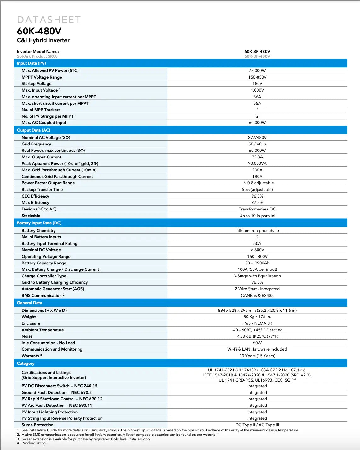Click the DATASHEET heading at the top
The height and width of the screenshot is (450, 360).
[49, 20]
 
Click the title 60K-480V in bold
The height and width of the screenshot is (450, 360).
[39, 31]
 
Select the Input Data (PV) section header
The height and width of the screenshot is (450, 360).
[31, 63]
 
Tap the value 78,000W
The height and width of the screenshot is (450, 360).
[257, 70]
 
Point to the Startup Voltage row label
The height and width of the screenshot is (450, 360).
[36, 84]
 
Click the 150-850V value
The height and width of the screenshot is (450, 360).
[257, 77]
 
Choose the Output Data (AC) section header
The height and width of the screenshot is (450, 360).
[33, 130]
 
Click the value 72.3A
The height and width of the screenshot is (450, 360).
[257, 157]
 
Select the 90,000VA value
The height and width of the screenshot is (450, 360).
[257, 163]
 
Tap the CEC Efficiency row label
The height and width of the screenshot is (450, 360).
[35, 196]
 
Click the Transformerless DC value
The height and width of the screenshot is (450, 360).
[257, 209]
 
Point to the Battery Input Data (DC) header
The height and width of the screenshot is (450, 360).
[39, 223]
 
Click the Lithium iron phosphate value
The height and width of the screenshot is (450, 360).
[257, 230]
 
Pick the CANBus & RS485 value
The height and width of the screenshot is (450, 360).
[257, 295]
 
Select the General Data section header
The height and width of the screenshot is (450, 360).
[29, 303]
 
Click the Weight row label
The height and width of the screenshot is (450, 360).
[29, 317]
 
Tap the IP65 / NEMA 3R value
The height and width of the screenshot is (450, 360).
[257, 323]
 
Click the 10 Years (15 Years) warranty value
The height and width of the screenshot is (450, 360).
[257, 356]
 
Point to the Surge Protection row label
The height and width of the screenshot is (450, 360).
[38, 425]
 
